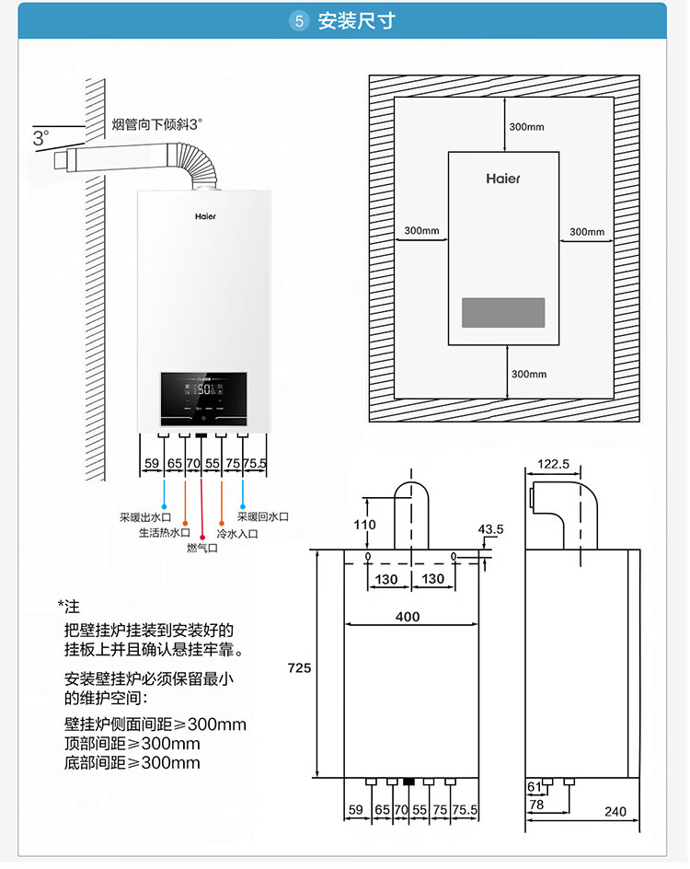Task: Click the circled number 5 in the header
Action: [x=298, y=21]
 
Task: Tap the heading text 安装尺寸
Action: [x=356, y=21]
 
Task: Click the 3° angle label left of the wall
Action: [x=41, y=138]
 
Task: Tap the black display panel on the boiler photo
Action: [x=203, y=397]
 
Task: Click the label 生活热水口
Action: [x=164, y=533]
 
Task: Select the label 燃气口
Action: [x=201, y=549]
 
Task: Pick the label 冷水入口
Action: [x=236, y=533]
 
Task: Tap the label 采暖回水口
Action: [x=262, y=517]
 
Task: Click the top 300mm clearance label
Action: [x=527, y=126]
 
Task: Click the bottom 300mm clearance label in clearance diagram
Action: [x=528, y=374]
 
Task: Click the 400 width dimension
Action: [x=408, y=617]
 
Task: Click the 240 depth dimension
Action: [x=615, y=811]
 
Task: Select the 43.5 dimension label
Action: [x=491, y=529]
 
